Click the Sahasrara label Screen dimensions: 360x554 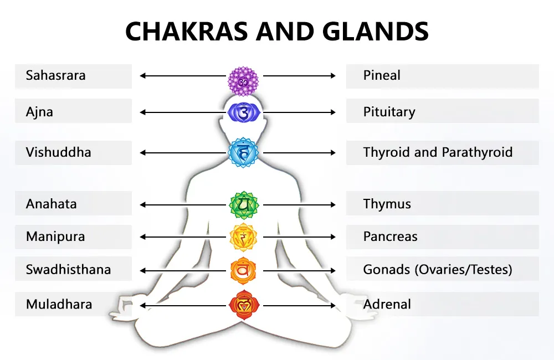tap(56, 76)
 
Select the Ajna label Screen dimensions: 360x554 tap(40, 111)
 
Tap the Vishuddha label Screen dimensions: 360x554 tap(59, 152)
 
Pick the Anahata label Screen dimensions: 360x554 tap(52, 203)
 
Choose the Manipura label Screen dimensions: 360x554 tap(55, 236)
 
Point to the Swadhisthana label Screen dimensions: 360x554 tap(69, 270)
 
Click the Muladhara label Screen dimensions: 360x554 tap(59, 304)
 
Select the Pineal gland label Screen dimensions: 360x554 tap(382, 76)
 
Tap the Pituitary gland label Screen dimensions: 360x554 tap(389, 111)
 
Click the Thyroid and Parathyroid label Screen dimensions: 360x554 tap(438, 152)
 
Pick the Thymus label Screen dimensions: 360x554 tap(387, 203)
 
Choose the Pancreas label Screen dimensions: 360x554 tap(390, 236)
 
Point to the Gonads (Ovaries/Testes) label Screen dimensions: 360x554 tap(438, 270)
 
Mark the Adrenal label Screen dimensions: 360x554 tap(387, 304)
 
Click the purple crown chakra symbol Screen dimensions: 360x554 tap(244, 81)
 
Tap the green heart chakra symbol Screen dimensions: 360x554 tap(244, 204)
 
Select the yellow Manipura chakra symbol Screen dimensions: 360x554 tap(244, 237)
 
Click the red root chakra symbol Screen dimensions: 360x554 tap(244, 305)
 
